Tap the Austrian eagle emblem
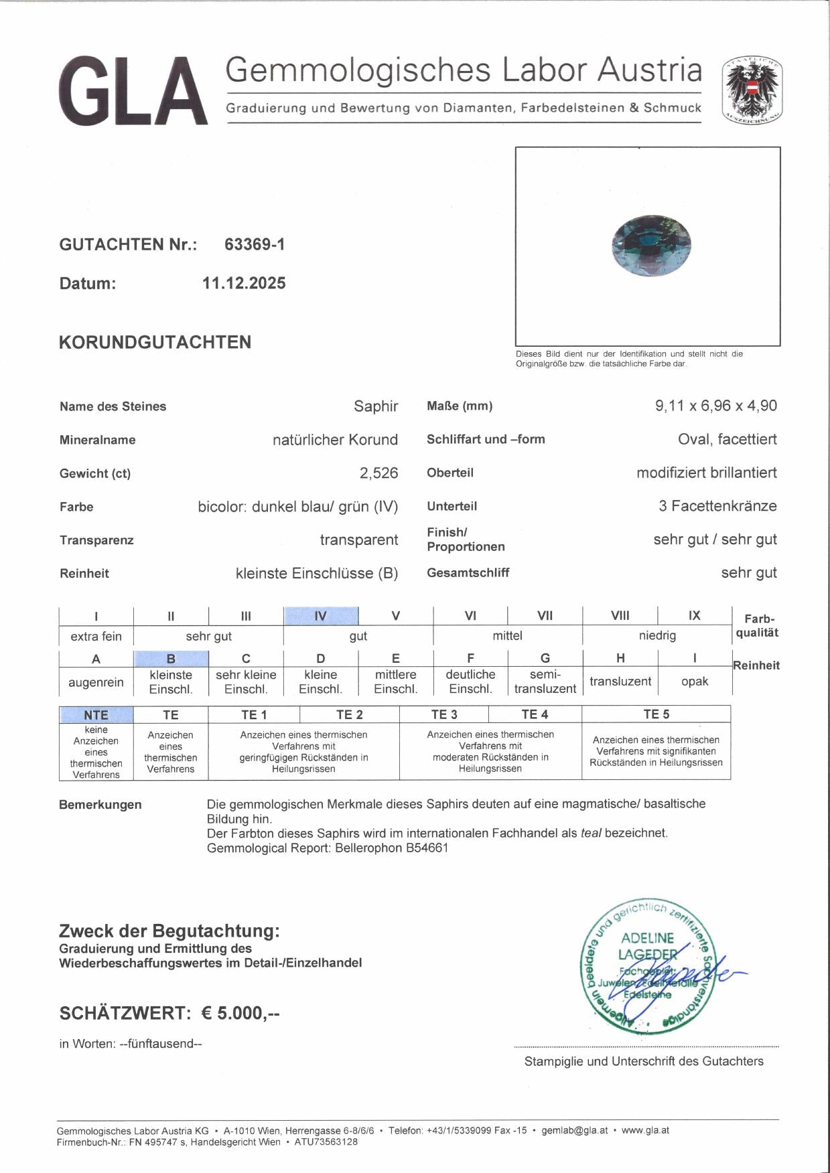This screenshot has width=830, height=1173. click(x=753, y=90)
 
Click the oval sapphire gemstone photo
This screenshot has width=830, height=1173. click(x=651, y=245)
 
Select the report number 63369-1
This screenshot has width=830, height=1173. click(x=255, y=244)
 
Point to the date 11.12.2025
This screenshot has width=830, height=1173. click(x=244, y=283)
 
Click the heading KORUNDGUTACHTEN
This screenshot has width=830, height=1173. click(x=155, y=342)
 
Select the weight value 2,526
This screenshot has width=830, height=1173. click(x=378, y=473)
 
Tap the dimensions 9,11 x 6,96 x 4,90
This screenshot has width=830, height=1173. click(x=715, y=406)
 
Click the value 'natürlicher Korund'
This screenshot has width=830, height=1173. click(x=335, y=440)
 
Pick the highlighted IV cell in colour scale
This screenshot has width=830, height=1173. click(x=320, y=616)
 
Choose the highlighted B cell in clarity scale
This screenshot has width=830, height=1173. click(x=171, y=659)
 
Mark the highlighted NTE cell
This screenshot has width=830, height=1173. click(x=96, y=715)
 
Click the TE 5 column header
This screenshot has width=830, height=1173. click(x=656, y=714)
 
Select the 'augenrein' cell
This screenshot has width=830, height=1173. click(x=96, y=682)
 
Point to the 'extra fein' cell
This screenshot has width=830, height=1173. click(x=96, y=636)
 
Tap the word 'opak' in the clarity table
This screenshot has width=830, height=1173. click(x=694, y=682)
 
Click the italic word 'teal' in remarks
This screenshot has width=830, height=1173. click(x=590, y=834)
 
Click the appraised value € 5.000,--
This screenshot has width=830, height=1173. click(x=240, y=1013)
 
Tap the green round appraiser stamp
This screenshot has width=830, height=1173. click(x=646, y=965)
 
